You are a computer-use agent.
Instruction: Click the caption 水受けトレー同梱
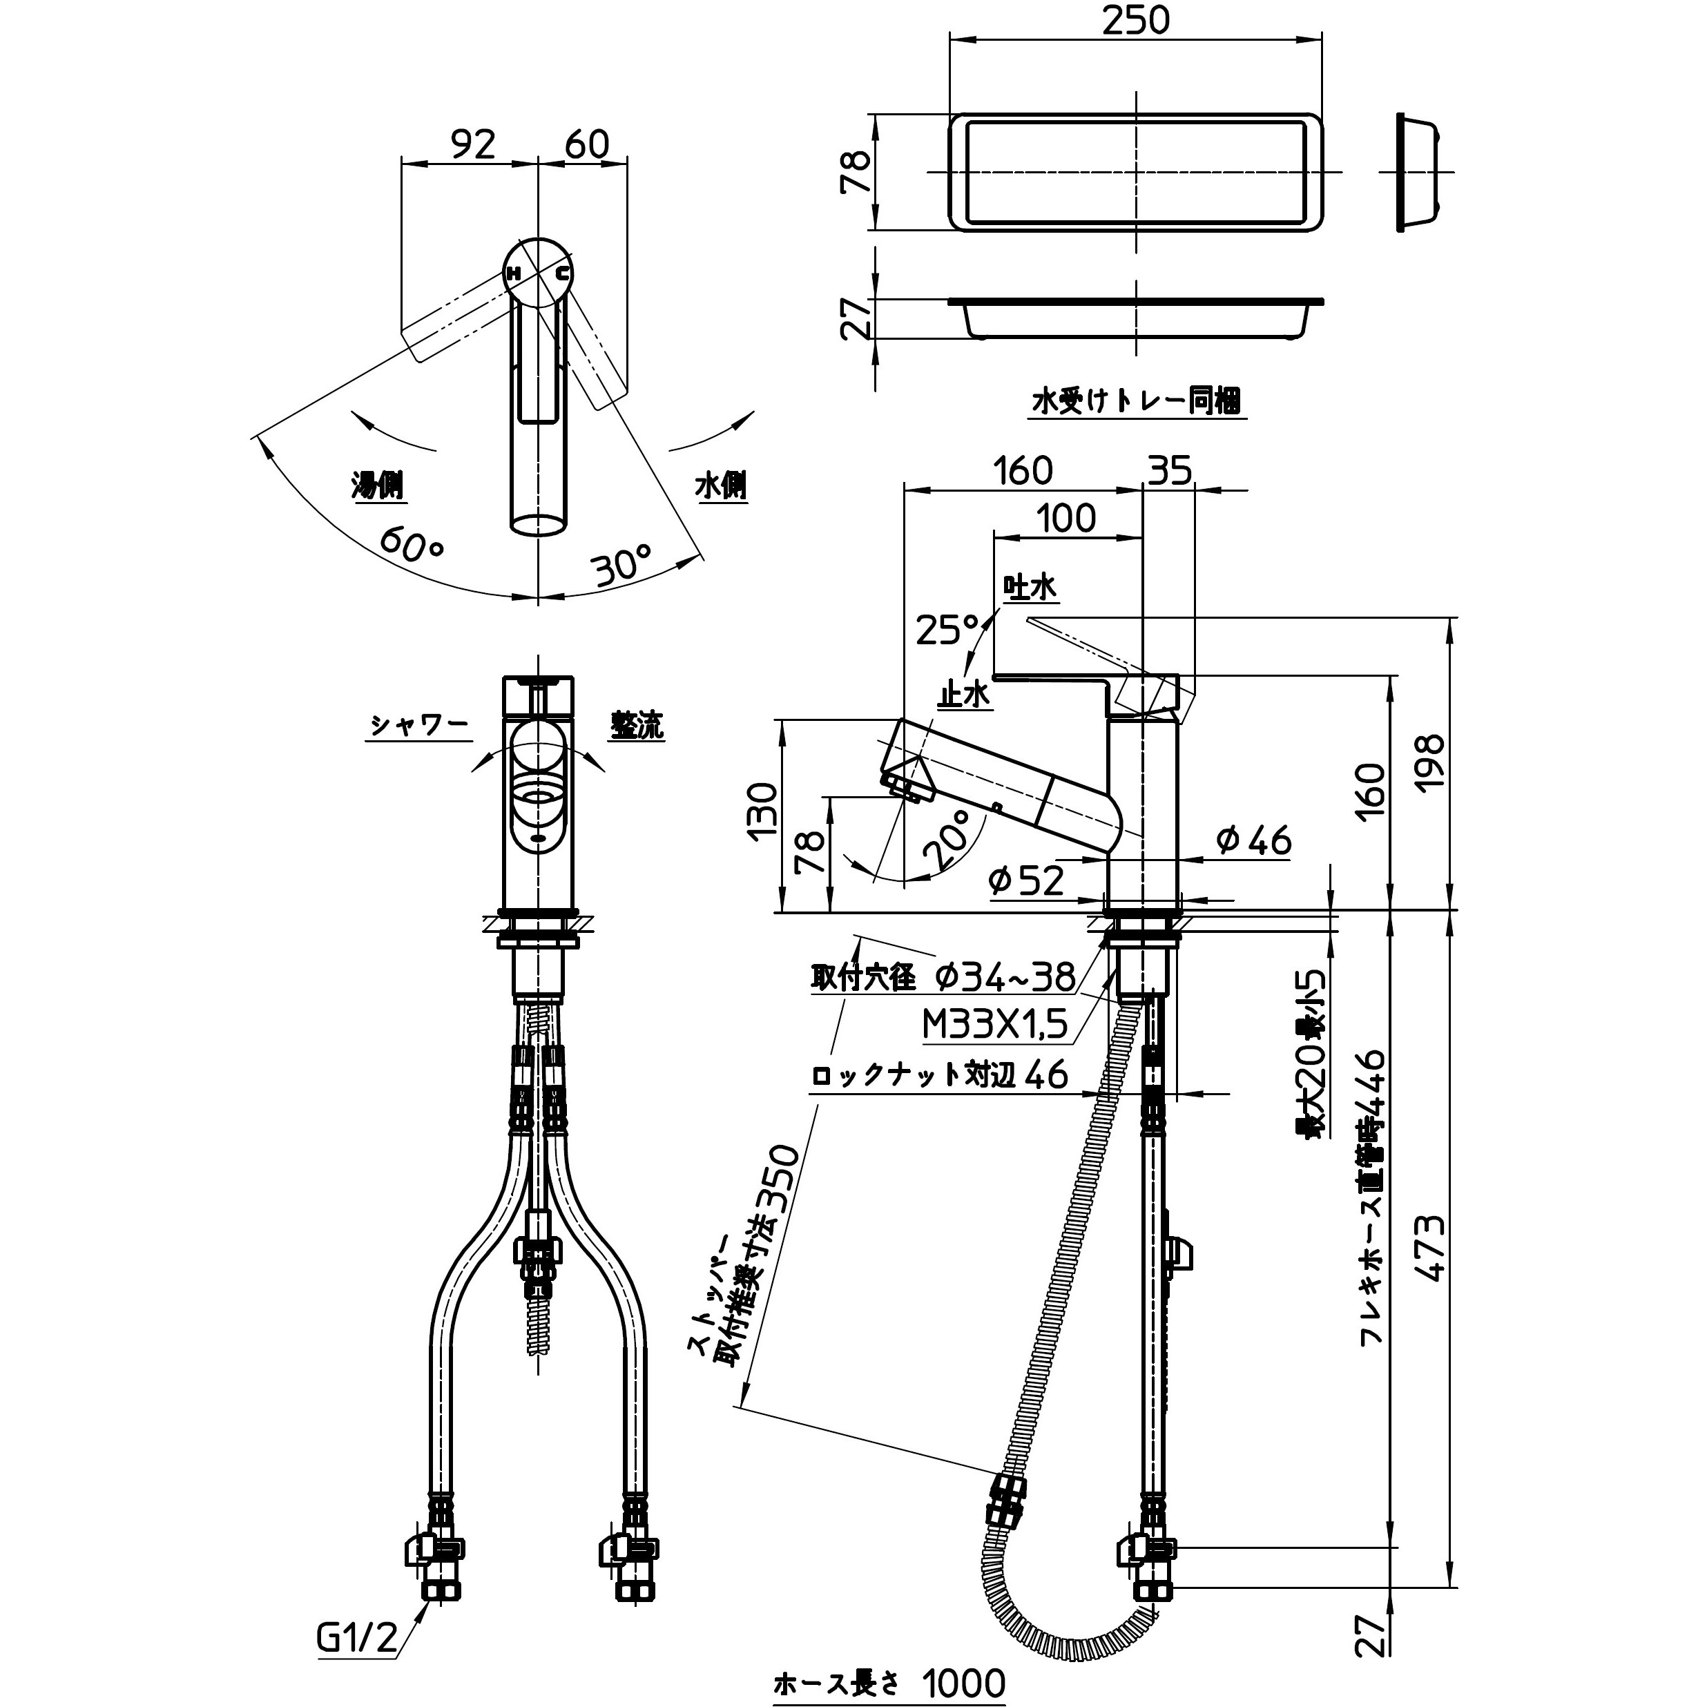(x=1136, y=402)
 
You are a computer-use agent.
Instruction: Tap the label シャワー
(x=418, y=726)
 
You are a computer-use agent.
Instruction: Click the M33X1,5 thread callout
(x=996, y=1025)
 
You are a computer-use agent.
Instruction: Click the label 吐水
(x=1030, y=588)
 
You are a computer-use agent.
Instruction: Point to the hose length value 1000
(x=964, y=1683)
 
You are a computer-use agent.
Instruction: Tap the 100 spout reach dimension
(x=1066, y=519)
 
